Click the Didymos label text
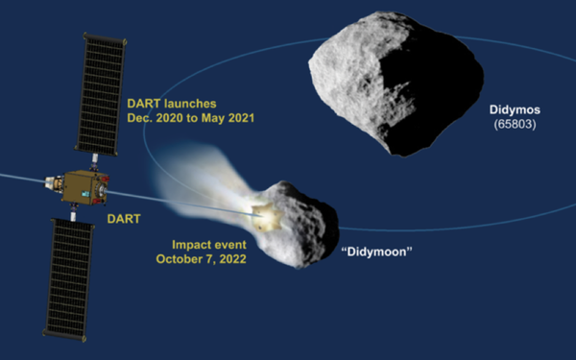coord(515,109)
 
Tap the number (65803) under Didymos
coord(514,125)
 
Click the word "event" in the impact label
coord(227,245)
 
